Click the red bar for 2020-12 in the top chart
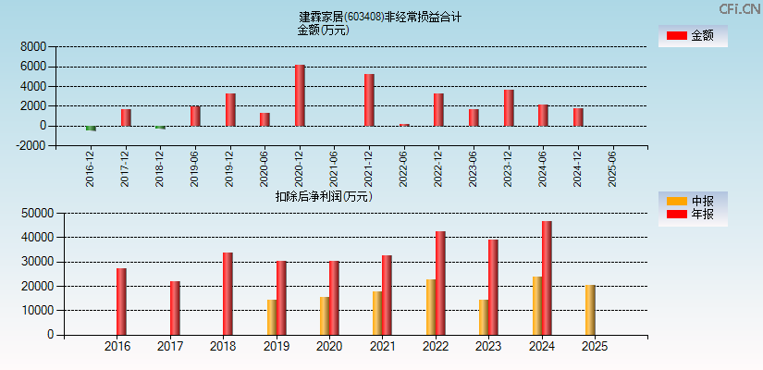point(300,95)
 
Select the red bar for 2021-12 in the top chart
point(369,100)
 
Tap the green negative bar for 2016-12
point(91,129)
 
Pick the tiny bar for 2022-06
point(404,125)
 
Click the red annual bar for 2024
point(547,277)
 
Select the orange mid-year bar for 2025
point(590,310)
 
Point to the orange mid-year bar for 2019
point(272,317)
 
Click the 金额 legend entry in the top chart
point(692,36)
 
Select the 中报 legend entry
point(692,201)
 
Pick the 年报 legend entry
point(692,215)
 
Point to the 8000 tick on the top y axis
point(32,46)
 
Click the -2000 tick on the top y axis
point(31,145)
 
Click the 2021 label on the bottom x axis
point(382,347)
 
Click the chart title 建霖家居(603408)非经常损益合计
point(380,17)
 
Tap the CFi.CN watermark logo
point(740,8)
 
